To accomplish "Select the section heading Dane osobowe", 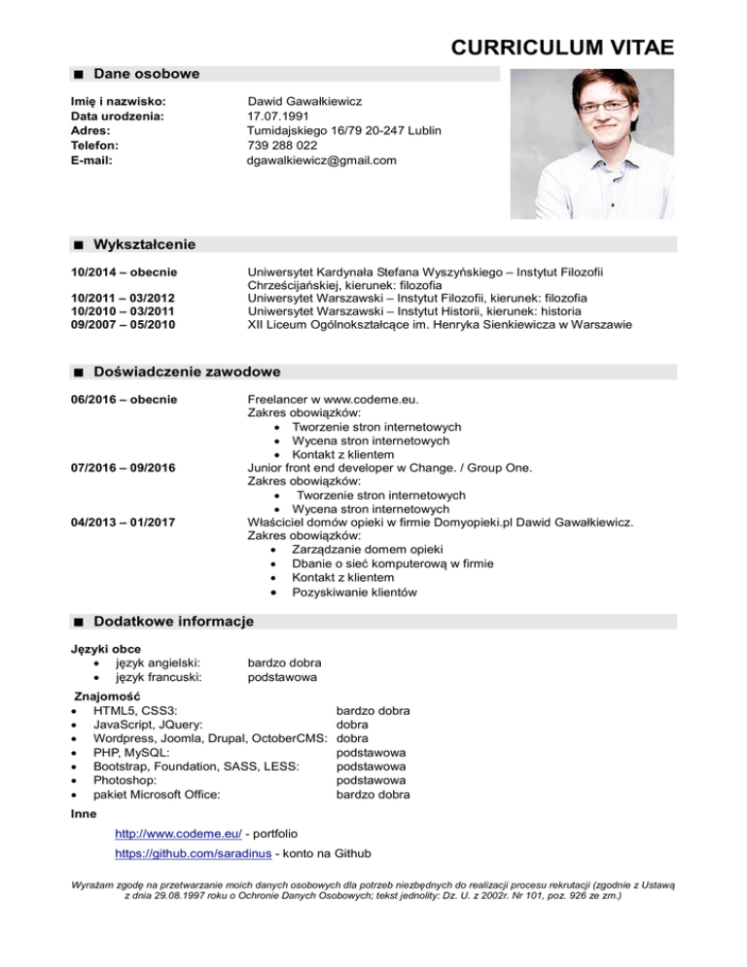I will [x=147, y=74].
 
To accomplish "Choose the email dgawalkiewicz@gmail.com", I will [x=322, y=160].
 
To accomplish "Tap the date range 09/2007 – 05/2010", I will [x=123, y=325].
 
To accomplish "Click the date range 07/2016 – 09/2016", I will [x=123, y=468].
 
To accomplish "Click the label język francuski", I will [x=159, y=677].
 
